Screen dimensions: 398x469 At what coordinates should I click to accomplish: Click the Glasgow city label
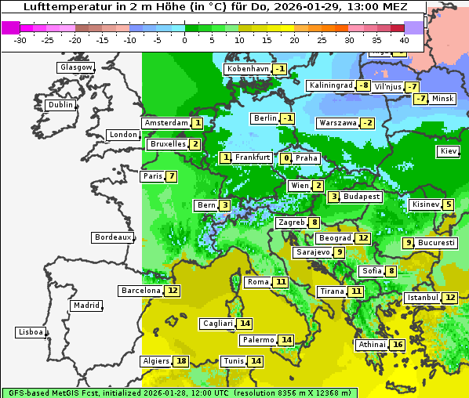75,67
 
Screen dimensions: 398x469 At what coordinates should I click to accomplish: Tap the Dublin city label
60,105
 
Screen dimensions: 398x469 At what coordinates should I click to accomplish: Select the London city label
123,135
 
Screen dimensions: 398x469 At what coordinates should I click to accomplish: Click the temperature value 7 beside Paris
171,176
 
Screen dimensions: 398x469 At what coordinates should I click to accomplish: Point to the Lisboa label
30,332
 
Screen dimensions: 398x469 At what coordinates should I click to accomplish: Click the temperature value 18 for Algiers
182,361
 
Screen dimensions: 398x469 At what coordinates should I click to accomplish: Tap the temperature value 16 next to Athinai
398,345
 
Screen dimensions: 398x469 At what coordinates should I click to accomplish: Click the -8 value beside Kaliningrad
364,85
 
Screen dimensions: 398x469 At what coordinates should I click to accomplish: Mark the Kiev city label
449,151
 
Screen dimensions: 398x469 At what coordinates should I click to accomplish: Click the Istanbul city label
423,298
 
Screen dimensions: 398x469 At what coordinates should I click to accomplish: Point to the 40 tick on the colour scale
404,39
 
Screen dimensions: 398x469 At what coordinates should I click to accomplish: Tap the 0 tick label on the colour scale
184,39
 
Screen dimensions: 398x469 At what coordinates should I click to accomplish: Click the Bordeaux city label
112,237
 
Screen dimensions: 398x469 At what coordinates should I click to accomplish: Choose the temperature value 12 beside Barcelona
173,291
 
